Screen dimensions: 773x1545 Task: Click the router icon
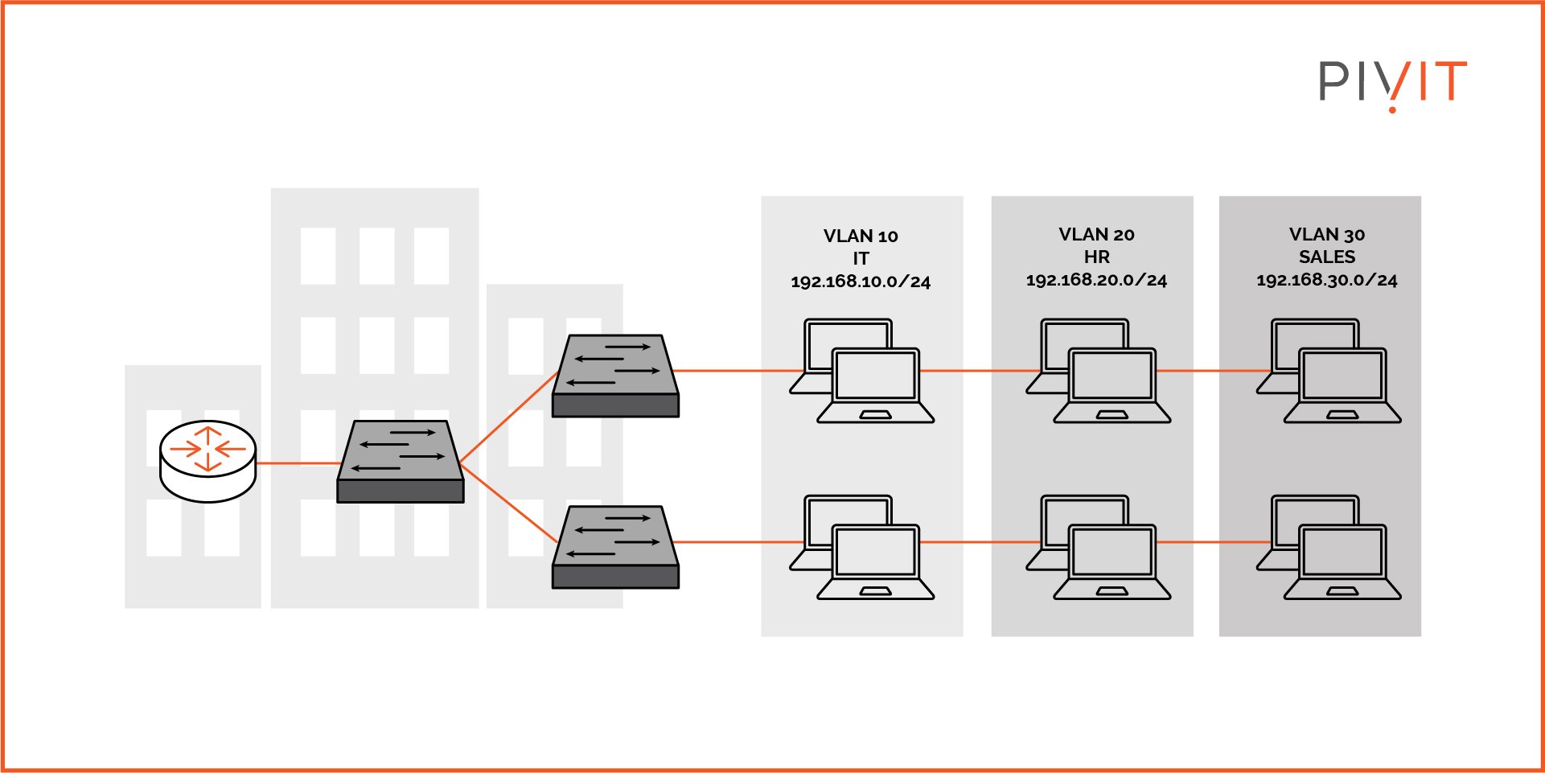[208, 461]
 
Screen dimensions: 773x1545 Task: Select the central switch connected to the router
[401, 462]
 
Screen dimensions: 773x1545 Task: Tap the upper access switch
[615, 376]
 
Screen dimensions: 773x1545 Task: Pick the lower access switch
[615, 547]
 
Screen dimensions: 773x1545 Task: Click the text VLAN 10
[861, 236]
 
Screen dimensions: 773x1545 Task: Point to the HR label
[1096, 257]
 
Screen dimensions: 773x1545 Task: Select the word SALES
[1327, 257]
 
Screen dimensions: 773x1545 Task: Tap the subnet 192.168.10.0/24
[861, 282]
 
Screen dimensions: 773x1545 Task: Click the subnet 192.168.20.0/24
[1096, 281]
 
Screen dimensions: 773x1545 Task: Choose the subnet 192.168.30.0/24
[1327, 281]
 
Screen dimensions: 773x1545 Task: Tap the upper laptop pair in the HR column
[1099, 371]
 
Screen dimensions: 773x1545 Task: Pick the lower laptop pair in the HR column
[1099, 547]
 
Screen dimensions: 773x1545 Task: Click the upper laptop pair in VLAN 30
[1329, 371]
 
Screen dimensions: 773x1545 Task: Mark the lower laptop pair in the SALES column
[1329, 547]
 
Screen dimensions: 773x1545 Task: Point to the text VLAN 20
[1096, 235]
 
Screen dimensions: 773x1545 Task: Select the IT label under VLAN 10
[861, 259]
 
